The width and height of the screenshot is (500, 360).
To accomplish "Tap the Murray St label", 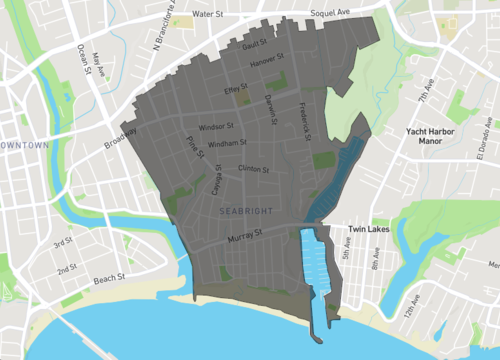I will point(243,235).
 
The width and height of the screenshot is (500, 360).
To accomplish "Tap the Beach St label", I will point(108,277).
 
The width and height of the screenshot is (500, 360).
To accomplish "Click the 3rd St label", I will point(62,242).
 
